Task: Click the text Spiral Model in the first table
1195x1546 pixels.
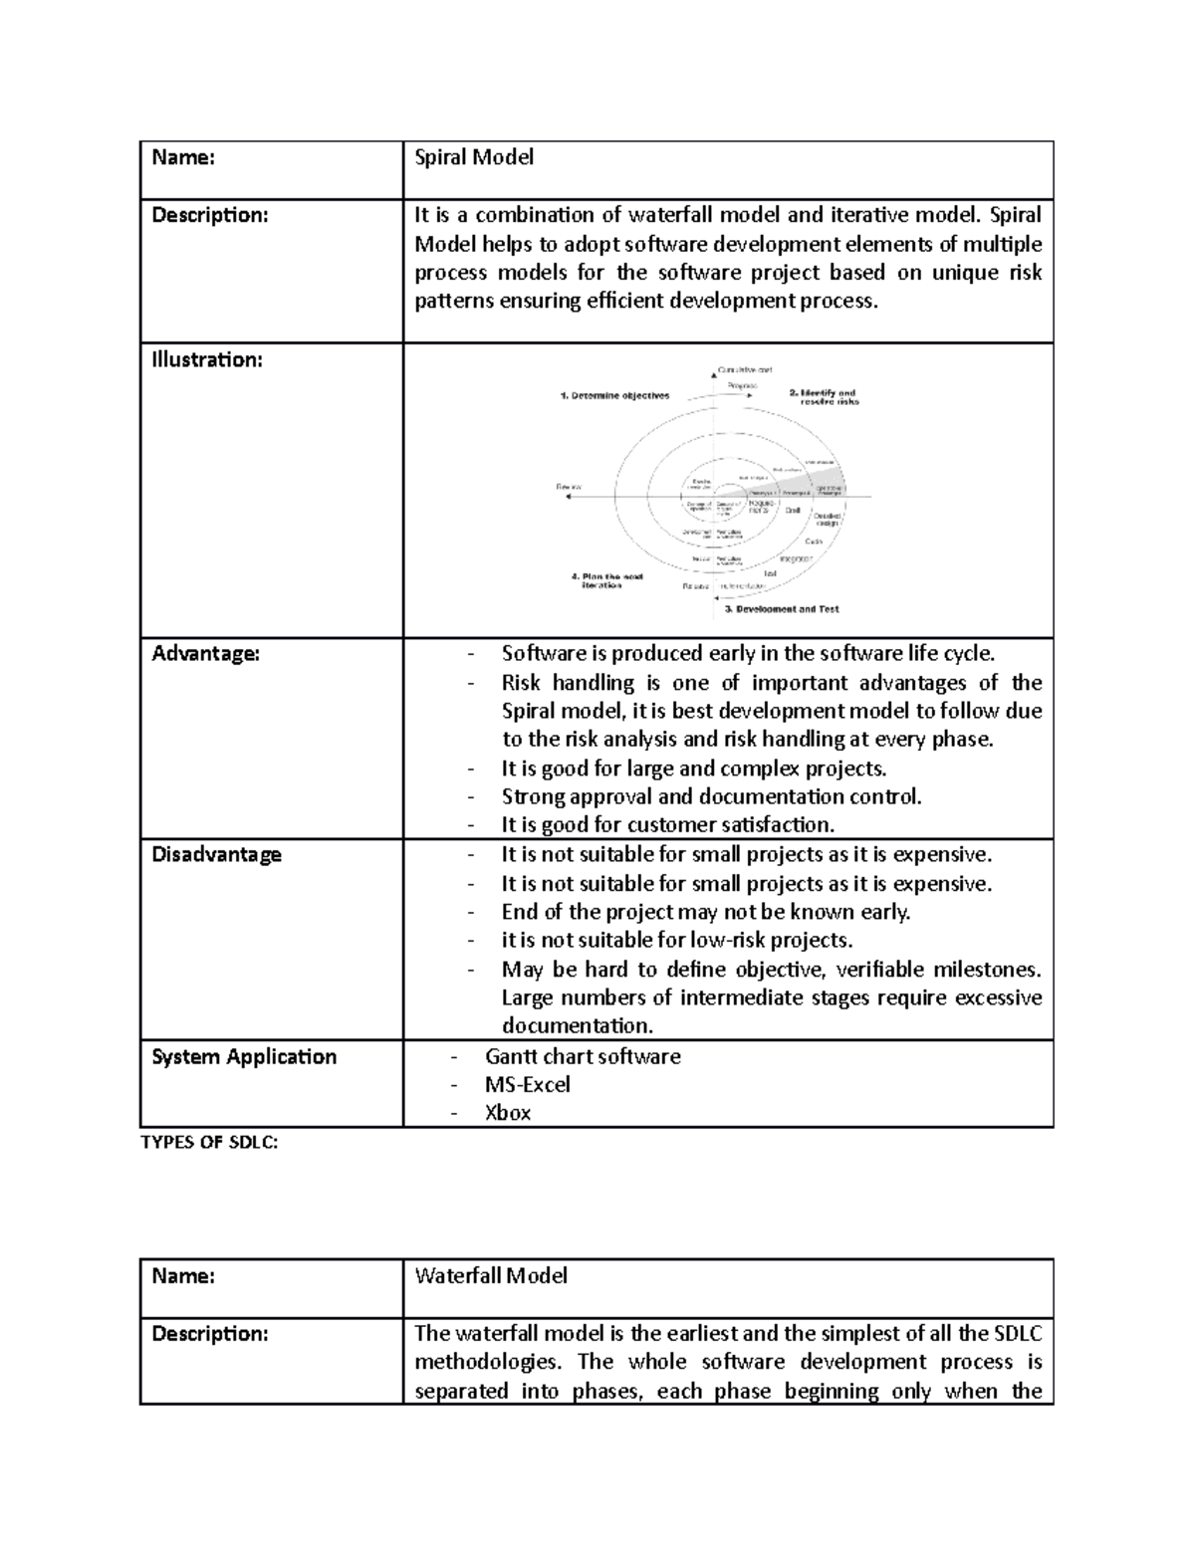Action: (474, 157)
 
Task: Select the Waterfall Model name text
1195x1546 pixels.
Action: (491, 1275)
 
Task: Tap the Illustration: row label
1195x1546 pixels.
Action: (206, 360)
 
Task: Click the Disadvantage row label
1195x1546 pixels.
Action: (216, 855)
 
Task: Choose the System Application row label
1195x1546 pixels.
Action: (244, 1057)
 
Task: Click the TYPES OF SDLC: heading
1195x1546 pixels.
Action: (209, 1143)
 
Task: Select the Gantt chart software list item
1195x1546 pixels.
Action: (583, 1057)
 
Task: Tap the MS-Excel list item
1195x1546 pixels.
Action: (528, 1085)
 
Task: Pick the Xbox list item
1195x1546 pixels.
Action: (508, 1113)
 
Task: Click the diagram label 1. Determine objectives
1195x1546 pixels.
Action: (614, 395)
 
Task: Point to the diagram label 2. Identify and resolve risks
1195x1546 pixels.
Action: (824, 396)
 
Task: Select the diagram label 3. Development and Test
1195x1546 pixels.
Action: (782, 608)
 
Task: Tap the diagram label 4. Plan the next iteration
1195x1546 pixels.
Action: (606, 580)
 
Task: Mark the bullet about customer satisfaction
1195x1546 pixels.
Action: (667, 825)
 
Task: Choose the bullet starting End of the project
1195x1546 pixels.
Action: (705, 912)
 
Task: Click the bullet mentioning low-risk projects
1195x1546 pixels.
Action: (677, 941)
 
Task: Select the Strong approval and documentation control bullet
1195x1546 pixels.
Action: (712, 796)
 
